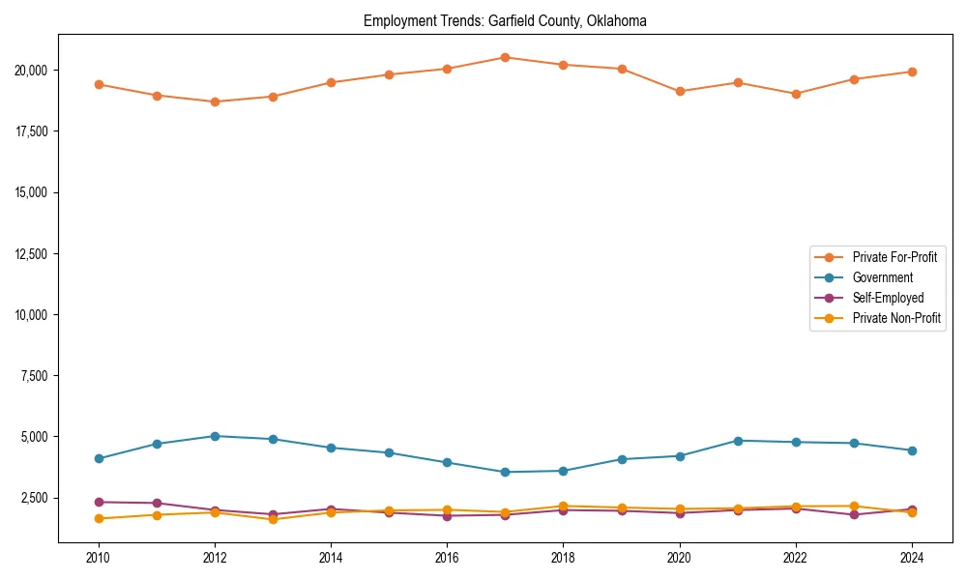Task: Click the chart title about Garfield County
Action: (x=505, y=20)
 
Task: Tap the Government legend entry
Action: (x=882, y=277)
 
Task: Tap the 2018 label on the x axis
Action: (x=563, y=558)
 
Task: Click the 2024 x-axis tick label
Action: (x=911, y=558)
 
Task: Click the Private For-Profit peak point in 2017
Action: (x=505, y=57)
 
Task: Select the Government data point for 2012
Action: (x=215, y=436)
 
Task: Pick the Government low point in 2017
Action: (x=505, y=472)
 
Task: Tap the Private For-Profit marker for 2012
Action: (x=215, y=101)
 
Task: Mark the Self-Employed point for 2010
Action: (x=99, y=502)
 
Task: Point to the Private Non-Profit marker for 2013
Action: (x=273, y=519)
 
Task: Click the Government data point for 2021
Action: (x=737, y=441)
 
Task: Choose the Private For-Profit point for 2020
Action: (x=679, y=91)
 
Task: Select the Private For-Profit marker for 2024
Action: (x=911, y=72)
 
